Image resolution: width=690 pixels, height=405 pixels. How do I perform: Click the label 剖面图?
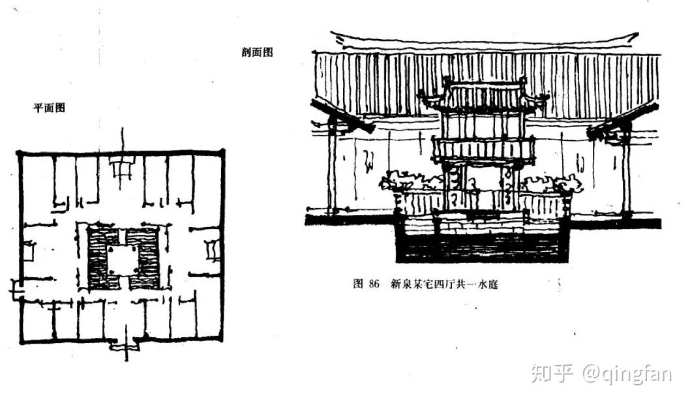(x=256, y=53)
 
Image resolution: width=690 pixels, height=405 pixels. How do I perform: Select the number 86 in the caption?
(x=373, y=284)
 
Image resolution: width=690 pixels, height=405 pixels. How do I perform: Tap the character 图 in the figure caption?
(x=357, y=284)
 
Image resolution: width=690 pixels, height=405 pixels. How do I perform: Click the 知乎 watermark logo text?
(x=551, y=373)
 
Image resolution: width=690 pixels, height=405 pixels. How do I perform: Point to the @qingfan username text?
(x=627, y=373)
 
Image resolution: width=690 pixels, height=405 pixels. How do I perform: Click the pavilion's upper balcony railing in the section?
(x=484, y=149)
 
